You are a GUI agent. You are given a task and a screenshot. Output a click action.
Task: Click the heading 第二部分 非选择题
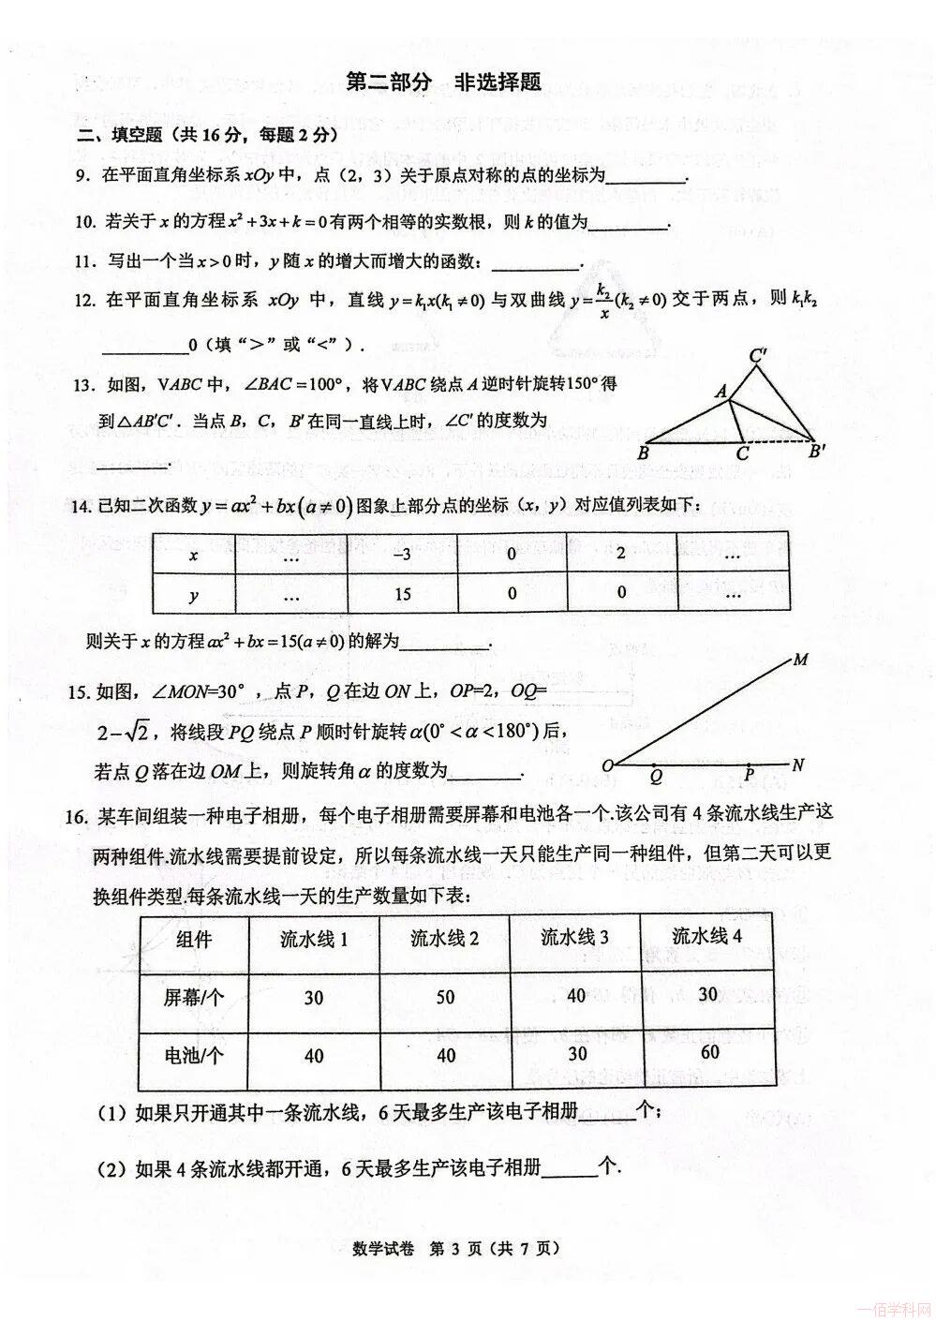(443, 82)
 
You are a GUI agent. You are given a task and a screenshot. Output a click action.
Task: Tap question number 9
(82, 174)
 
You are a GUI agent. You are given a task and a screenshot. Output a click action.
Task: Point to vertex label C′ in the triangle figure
(760, 356)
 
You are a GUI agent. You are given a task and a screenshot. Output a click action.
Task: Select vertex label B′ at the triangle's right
(818, 453)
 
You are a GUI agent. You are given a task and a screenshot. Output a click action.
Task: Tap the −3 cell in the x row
(401, 555)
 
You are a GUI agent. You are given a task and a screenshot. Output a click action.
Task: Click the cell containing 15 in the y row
(401, 594)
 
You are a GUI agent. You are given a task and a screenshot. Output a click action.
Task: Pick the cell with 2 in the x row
(621, 555)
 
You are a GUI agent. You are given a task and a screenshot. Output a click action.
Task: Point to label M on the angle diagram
(800, 660)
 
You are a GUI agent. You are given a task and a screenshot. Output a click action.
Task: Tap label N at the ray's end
(798, 764)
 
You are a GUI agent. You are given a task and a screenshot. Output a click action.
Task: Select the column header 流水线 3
(574, 938)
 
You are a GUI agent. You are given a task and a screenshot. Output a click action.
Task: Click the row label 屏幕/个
(194, 998)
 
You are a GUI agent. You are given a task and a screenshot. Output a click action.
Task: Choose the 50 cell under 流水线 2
(445, 997)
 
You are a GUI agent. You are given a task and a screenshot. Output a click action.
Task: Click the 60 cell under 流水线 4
(709, 1051)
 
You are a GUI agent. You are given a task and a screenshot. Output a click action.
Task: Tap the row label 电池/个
(194, 1056)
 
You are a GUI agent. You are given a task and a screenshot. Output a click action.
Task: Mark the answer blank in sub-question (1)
(606, 1116)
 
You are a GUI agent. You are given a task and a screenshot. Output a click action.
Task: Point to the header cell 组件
(194, 939)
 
